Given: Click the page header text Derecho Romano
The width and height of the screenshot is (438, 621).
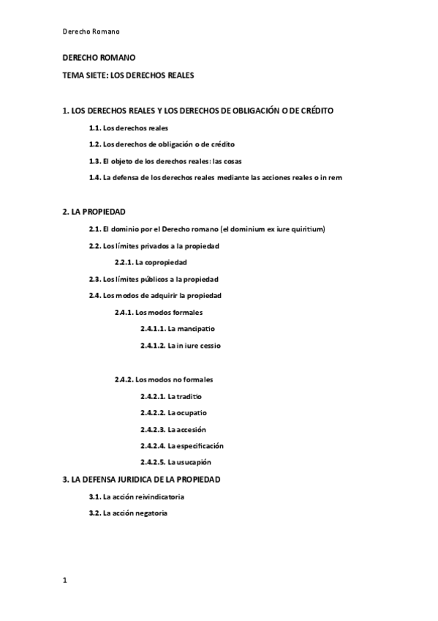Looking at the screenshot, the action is [90, 31].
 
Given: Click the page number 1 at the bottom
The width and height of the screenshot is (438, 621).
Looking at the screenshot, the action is [65, 581].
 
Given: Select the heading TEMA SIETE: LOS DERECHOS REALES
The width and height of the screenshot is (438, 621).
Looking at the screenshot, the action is [128, 75].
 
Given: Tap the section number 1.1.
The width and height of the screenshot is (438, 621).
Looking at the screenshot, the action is [94, 127].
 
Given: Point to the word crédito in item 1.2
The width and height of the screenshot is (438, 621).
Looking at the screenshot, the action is [220, 144].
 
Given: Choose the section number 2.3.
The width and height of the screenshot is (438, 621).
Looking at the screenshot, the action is [94, 279].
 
